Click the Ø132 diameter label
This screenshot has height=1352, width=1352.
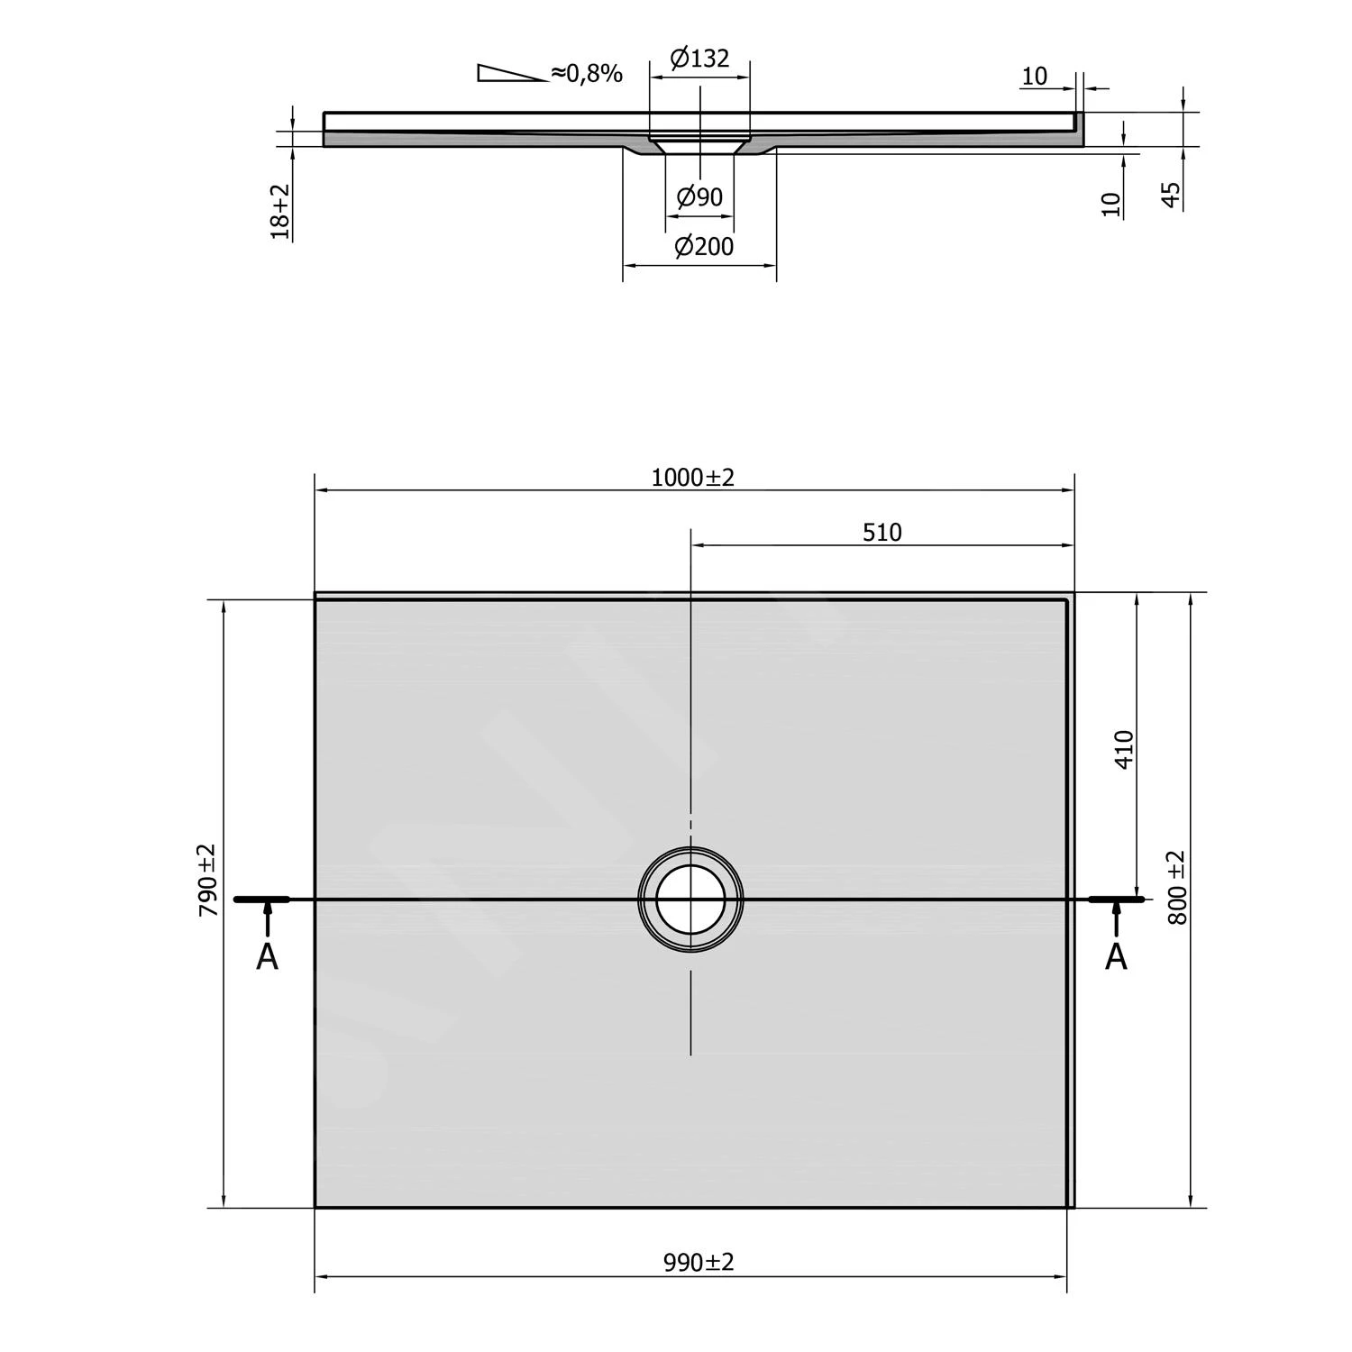[699, 59]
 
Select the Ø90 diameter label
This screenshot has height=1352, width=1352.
[699, 196]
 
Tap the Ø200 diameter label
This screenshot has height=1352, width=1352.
[703, 246]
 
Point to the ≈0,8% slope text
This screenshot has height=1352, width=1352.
[587, 74]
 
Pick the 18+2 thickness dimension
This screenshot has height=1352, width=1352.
[281, 211]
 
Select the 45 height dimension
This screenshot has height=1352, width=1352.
[1171, 195]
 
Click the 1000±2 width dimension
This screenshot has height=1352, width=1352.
[692, 477]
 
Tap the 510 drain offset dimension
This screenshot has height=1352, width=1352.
[882, 533]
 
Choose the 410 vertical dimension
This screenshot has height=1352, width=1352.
[1123, 749]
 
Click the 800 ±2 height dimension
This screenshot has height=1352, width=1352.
[1176, 887]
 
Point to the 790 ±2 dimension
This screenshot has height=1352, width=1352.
[208, 880]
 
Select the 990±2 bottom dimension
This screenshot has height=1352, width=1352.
[699, 1263]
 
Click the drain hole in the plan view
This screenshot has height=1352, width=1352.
[690, 900]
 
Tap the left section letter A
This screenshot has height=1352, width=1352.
[267, 957]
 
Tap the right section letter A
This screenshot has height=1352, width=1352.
[1116, 957]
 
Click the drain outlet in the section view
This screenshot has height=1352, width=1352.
[699, 144]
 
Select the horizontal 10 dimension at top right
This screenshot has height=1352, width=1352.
[1035, 77]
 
